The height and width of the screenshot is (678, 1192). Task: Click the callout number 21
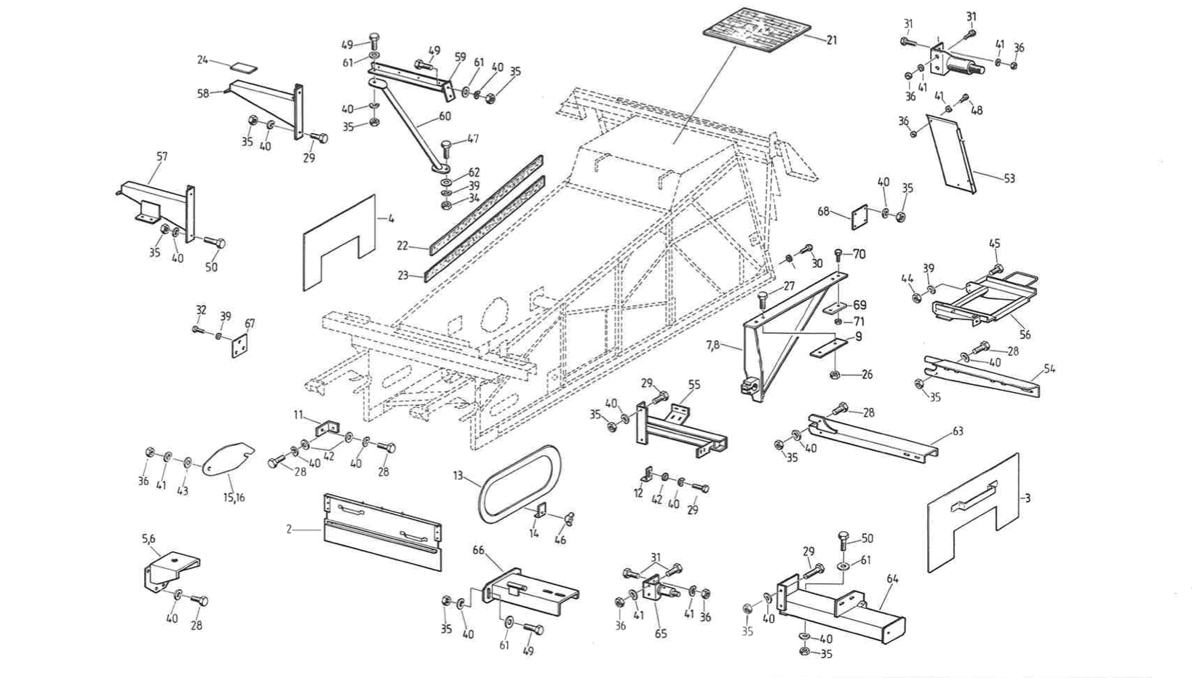pos(832,40)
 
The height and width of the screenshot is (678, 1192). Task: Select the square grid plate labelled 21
pos(757,31)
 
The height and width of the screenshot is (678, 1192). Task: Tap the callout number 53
pos(1009,178)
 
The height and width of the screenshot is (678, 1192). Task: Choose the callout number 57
pos(162,156)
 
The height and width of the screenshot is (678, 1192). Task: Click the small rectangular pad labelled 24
pos(244,67)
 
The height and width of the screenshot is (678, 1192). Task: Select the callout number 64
pos(892,579)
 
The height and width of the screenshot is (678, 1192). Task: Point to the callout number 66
pos(478,551)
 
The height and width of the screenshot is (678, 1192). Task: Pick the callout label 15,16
pos(234,498)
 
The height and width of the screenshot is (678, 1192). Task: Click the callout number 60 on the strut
pos(445,116)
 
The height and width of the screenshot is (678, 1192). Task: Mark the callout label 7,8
pos(712,345)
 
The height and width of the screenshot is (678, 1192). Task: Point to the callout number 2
pos(289,530)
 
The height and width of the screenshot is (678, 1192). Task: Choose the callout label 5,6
pos(148,539)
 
